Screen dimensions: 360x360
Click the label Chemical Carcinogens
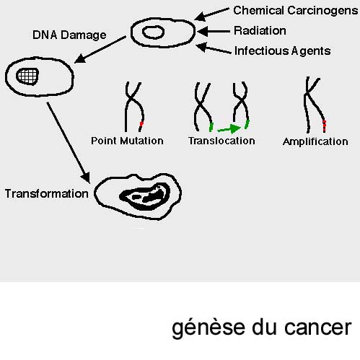(x=296, y=11)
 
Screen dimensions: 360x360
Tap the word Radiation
(x=260, y=30)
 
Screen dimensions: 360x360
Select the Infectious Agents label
(x=282, y=51)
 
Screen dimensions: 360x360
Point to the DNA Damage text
(x=69, y=35)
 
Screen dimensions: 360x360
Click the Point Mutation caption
(x=127, y=141)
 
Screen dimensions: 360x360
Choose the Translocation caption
(x=221, y=141)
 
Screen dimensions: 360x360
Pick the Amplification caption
(x=315, y=142)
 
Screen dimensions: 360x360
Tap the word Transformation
(x=47, y=193)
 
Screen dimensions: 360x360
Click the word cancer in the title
(x=318, y=328)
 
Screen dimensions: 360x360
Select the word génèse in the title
(x=208, y=328)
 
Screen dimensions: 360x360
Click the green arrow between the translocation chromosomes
(x=229, y=129)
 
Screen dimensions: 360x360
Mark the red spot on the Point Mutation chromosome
(x=141, y=124)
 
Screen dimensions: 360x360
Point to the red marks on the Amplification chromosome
(x=325, y=126)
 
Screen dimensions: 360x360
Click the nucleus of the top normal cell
(x=153, y=32)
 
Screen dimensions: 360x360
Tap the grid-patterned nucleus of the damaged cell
(x=27, y=76)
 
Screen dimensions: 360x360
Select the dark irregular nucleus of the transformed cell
(x=144, y=196)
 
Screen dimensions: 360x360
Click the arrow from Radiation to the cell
(x=214, y=31)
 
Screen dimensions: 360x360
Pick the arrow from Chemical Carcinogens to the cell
(x=211, y=14)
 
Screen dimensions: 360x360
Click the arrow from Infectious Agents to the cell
(x=214, y=48)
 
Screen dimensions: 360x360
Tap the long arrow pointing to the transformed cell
(x=69, y=143)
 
